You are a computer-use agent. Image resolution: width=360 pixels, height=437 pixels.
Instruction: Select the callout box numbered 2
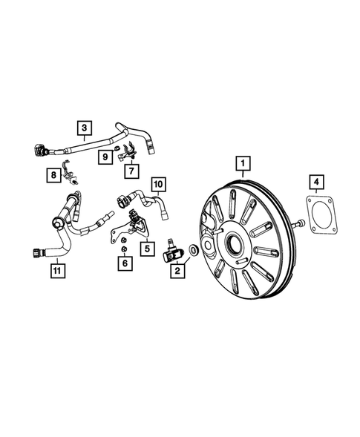click(176, 272)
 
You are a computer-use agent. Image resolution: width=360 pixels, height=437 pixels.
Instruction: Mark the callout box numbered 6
click(125, 263)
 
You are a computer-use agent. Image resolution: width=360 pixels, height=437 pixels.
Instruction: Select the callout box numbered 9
click(106, 157)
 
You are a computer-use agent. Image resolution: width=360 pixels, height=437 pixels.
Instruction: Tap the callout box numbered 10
click(157, 183)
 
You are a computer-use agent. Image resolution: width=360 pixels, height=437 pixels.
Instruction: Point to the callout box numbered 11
click(53, 271)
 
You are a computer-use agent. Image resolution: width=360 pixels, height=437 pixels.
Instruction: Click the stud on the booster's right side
click(298, 224)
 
